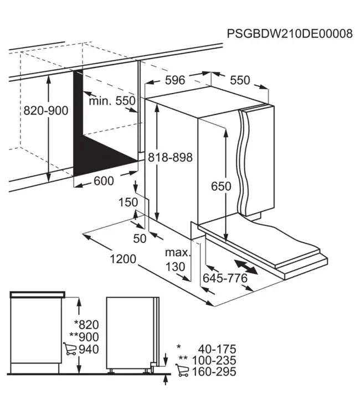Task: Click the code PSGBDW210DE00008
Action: pyautogui.click(x=290, y=34)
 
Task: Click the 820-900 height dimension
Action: pyautogui.click(x=45, y=111)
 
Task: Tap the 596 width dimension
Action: pyautogui.click(x=175, y=80)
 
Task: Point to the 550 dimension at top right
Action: pyautogui.click(x=240, y=80)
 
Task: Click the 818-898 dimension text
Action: pyautogui.click(x=170, y=158)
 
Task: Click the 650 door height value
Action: pyautogui.click(x=220, y=186)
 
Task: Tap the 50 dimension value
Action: pyautogui.click(x=140, y=238)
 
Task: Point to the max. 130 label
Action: pyautogui.click(x=177, y=260)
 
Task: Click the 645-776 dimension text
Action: pyautogui.click(x=225, y=278)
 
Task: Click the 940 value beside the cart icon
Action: pyautogui.click(x=89, y=349)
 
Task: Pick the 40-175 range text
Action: pyautogui.click(x=217, y=349)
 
